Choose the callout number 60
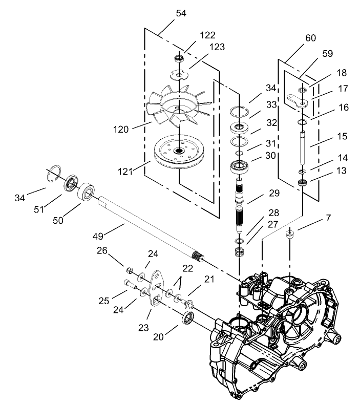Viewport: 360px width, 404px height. point(310,38)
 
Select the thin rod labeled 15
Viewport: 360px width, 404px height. point(303,148)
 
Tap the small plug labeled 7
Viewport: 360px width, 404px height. point(291,235)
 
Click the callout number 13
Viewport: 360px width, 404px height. point(325,170)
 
